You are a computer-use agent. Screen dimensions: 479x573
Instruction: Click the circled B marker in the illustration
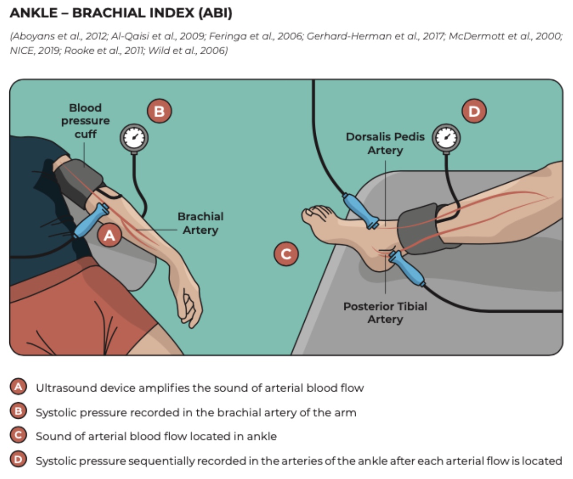coord(159,111)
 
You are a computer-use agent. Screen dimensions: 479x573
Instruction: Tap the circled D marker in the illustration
coord(474,111)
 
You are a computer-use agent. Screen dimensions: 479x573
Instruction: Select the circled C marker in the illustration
coord(286,254)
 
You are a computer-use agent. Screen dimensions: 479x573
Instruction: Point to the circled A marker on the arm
coord(109,235)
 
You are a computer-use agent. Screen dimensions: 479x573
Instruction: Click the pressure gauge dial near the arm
coord(134,138)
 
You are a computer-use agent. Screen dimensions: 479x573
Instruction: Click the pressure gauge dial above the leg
coord(446,138)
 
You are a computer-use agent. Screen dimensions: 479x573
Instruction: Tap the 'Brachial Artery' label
coord(200,223)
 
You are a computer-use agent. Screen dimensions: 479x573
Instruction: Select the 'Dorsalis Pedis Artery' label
coord(385,143)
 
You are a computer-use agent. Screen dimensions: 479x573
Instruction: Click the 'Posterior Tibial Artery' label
coord(385,313)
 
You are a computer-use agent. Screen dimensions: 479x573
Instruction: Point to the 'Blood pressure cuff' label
coord(85,121)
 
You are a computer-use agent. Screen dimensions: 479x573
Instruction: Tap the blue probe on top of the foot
coord(360,210)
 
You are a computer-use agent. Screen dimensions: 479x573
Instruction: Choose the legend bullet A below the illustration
coord(18,387)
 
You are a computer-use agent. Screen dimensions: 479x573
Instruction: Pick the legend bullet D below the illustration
coord(18,459)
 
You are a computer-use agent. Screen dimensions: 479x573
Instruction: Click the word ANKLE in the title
coord(34,13)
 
